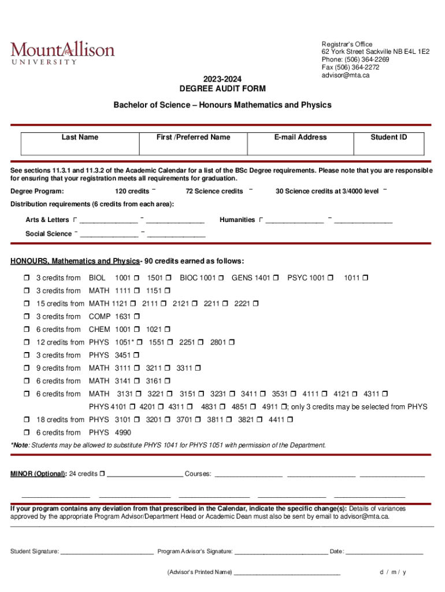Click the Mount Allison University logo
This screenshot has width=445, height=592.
pos(62,51)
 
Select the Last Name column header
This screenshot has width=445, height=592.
pos(80,137)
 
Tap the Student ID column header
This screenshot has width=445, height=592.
pos(388,137)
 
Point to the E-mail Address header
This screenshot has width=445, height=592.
pos(301,137)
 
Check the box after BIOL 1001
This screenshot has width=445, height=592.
pos(136,278)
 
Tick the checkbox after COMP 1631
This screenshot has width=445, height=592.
pos(136,317)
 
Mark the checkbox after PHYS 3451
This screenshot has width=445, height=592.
pos(136,356)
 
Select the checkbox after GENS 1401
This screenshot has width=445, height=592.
pos(276,278)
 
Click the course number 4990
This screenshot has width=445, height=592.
pos(123,432)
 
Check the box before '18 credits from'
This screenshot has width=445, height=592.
pos(27,420)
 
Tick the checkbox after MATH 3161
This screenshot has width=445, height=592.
pos(168,381)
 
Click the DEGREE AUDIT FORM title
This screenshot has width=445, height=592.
pos(222,88)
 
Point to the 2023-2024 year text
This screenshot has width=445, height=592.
pos(222,79)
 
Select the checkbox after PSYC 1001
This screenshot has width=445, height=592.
pos(331,278)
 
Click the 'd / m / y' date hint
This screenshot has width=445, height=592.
pos(393,572)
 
